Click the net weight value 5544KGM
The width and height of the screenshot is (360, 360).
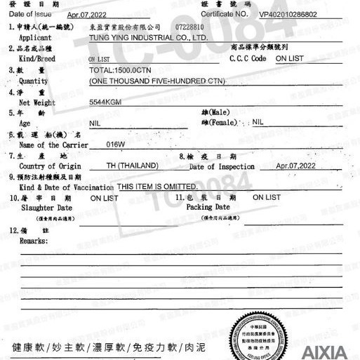coord(107,102)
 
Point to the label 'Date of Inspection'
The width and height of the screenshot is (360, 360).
coord(222,166)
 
